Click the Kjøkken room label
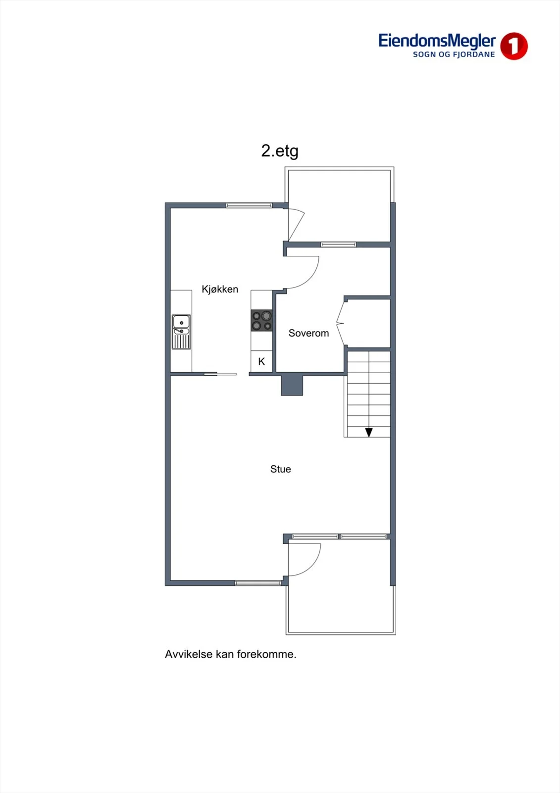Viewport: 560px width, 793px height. tap(220, 289)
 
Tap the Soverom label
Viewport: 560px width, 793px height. tap(308, 333)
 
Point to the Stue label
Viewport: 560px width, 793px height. tap(281, 469)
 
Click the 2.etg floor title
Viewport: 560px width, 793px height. tap(280, 151)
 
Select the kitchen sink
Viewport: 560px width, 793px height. tap(182, 332)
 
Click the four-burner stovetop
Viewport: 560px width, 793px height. tap(261, 320)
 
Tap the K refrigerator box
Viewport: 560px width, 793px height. tap(261, 361)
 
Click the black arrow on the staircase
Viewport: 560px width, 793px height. tap(369, 432)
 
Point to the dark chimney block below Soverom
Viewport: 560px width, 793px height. tap(292, 385)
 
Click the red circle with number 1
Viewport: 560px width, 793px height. tap(513, 46)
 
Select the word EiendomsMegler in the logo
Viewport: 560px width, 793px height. tap(437, 41)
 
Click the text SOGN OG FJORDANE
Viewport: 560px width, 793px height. tap(454, 55)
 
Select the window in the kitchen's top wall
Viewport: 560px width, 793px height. tap(249, 205)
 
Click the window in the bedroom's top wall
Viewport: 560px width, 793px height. tap(339, 244)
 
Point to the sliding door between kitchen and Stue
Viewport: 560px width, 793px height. tap(220, 374)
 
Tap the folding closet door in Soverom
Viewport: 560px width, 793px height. tap(340, 323)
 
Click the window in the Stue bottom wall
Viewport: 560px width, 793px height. tap(258, 583)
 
